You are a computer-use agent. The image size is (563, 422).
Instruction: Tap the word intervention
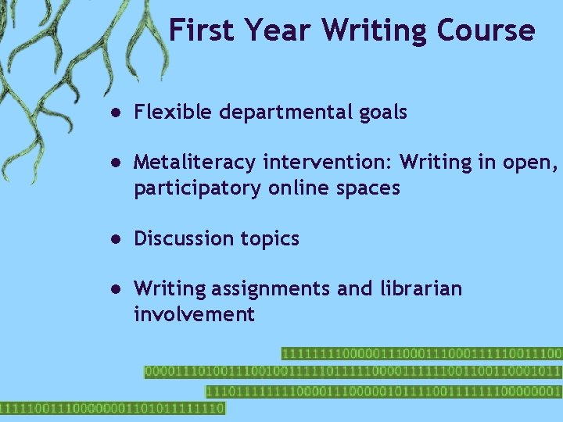point(329,163)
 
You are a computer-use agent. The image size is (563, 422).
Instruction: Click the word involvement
point(194,314)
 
